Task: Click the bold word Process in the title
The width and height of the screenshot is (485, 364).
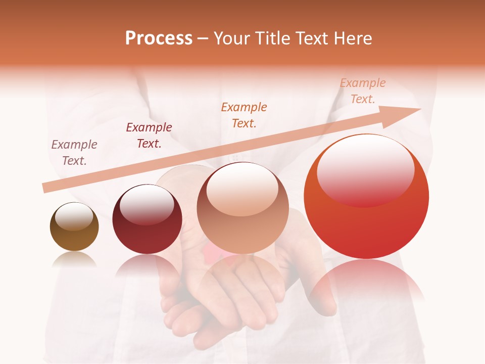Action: pos(159,38)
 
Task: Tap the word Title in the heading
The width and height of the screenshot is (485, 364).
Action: pos(273,38)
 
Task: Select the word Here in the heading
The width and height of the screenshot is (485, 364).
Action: pos(353,38)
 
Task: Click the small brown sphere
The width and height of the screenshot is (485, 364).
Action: pos(74,227)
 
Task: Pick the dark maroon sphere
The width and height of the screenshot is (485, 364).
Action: pos(147,219)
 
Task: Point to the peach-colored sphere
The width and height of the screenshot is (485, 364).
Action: pos(243,208)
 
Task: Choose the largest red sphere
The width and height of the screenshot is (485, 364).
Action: pos(366,197)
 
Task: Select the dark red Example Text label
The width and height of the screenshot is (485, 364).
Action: pos(149,135)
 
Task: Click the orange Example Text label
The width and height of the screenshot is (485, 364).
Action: pos(244,115)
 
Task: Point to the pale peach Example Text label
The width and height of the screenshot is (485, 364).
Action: pos(363,91)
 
